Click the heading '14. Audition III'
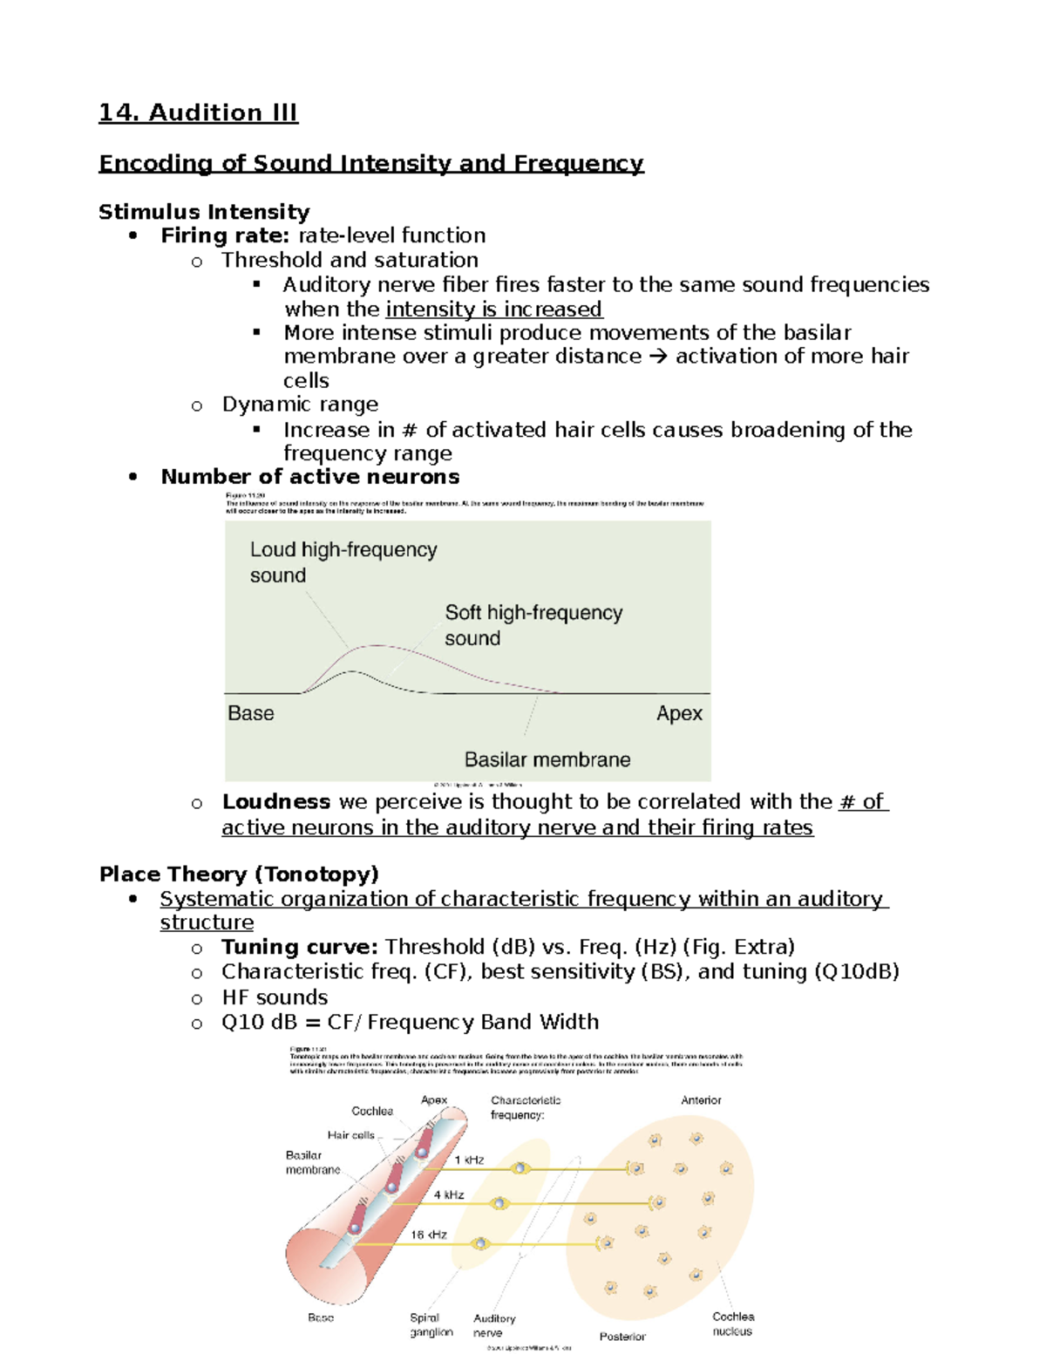(198, 112)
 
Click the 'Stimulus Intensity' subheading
(204, 212)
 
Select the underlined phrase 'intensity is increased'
(493, 310)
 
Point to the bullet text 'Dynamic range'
(300, 405)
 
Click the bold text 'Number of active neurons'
(309, 477)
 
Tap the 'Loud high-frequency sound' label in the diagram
(343, 562)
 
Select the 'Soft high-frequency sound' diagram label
(533, 625)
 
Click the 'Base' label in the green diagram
(251, 713)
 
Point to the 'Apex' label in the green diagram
(679, 713)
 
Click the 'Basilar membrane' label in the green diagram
(547, 759)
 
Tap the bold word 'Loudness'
(275, 802)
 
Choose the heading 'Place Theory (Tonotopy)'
(239, 874)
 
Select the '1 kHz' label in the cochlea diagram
(469, 1160)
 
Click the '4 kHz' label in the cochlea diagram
(449, 1195)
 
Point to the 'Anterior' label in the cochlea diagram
(701, 1100)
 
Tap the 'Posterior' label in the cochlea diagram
(622, 1337)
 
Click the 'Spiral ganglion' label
(431, 1325)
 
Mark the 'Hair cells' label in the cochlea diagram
(350, 1135)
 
